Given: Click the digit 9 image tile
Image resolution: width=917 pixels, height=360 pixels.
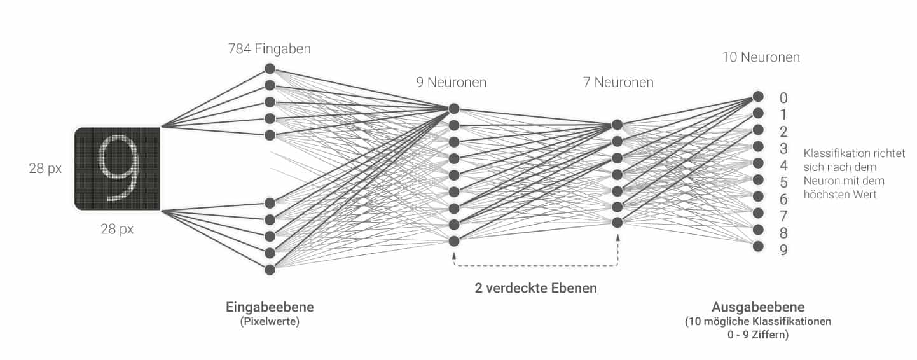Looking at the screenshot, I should [117, 169].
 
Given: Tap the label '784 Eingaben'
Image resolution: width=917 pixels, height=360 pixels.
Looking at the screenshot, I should [270, 49].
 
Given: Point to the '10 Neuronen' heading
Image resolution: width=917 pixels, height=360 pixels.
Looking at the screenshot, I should [761, 57].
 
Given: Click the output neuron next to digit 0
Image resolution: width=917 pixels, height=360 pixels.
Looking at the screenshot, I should [757, 97].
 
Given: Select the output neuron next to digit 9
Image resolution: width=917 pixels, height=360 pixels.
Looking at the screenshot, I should [757, 246].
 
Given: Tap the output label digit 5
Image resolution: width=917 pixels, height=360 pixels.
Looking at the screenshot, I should [783, 183].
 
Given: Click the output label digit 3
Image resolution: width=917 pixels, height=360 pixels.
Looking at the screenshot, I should [783, 149].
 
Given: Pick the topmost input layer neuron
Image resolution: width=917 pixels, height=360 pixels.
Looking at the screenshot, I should [270, 69].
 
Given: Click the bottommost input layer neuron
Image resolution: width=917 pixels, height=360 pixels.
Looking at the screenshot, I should [270, 269].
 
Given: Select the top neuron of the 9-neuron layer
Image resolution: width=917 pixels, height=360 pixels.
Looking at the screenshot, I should [453, 109].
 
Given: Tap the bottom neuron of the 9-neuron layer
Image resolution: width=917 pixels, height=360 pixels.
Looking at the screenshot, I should [453, 240].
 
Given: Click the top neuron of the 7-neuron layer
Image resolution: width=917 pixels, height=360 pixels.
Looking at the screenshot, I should [617, 125].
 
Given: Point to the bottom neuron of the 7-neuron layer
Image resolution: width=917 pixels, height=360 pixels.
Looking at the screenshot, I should [617, 222].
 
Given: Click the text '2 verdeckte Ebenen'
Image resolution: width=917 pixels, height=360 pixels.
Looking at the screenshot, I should [535, 288].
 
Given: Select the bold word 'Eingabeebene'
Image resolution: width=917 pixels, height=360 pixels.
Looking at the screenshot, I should [270, 308].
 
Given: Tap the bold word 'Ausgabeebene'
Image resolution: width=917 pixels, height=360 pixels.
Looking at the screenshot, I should [758, 308].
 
